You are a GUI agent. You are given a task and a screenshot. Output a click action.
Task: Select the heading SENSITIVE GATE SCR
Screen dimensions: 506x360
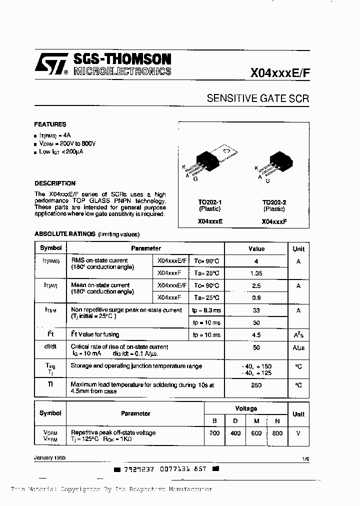(257, 98)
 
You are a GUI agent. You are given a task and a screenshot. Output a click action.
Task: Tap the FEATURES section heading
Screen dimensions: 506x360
(50, 124)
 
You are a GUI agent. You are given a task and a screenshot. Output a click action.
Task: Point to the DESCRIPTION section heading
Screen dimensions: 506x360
(55, 183)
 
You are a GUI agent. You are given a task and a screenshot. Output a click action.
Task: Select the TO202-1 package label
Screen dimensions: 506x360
(210, 202)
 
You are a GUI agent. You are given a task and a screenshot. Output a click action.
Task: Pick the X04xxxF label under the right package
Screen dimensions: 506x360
(274, 221)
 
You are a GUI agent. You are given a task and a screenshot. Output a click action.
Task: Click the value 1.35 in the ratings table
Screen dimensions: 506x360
(256, 273)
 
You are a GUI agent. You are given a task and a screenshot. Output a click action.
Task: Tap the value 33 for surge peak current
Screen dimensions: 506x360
(256, 310)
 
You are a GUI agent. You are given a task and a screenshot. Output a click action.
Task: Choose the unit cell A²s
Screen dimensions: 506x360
(298, 335)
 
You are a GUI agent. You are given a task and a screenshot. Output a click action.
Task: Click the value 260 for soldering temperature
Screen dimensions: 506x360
(256, 385)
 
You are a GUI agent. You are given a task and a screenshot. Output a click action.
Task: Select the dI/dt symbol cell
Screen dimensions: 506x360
(50, 347)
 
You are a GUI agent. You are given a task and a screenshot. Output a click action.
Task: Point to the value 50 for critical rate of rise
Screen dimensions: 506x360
(256, 347)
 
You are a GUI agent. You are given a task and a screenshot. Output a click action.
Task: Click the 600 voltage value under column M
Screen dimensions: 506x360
(256, 433)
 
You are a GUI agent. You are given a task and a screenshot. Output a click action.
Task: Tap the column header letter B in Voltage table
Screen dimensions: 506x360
(214, 420)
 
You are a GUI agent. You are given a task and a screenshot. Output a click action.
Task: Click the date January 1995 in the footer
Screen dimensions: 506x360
(49, 457)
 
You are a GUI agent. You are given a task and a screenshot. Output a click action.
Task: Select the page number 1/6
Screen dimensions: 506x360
(305, 457)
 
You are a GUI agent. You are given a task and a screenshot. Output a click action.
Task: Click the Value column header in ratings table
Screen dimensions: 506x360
(256, 248)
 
